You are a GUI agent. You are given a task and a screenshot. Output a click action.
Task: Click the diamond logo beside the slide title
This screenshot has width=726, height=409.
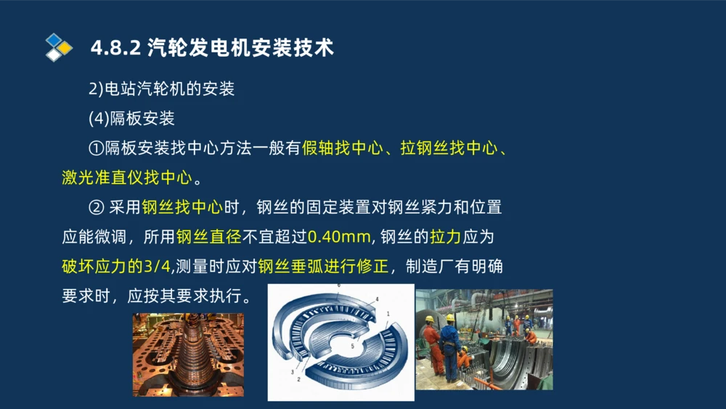pos(58,47)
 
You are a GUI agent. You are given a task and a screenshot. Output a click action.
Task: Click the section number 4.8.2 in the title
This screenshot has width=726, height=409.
pos(115,49)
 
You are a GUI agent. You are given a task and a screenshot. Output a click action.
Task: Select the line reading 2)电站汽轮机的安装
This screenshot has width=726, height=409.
pos(161,89)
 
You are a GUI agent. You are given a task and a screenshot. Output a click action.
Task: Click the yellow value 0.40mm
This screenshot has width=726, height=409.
pos(339,237)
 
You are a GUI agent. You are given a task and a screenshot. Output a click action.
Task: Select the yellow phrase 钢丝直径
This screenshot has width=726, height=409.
pos(208,237)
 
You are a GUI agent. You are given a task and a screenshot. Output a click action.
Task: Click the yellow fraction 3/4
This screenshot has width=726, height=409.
pos(158,267)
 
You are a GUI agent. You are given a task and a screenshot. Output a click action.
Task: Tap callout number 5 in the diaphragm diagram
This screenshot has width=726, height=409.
pos(354,347)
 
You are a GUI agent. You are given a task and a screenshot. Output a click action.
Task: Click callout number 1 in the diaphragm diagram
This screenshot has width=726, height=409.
pos(388,314)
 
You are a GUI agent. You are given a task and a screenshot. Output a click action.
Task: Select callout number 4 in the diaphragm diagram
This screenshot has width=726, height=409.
pos(377,299)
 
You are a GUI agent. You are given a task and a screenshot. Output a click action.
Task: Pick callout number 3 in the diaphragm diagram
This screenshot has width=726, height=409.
pos(292,372)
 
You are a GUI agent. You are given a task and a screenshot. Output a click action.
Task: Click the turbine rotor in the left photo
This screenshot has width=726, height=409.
pos(188,356)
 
